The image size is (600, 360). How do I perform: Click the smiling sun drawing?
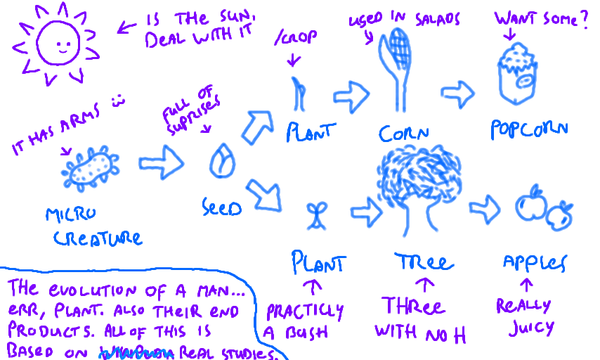(x=54, y=44)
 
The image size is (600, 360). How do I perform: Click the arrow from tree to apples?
(x=485, y=207)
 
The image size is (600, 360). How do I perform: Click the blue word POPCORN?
(x=530, y=129)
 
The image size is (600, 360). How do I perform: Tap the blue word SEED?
(x=221, y=207)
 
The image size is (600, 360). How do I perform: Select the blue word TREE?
(x=423, y=262)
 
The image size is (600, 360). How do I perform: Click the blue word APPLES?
(x=535, y=262)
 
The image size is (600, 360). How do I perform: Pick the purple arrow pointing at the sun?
(x=127, y=27)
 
